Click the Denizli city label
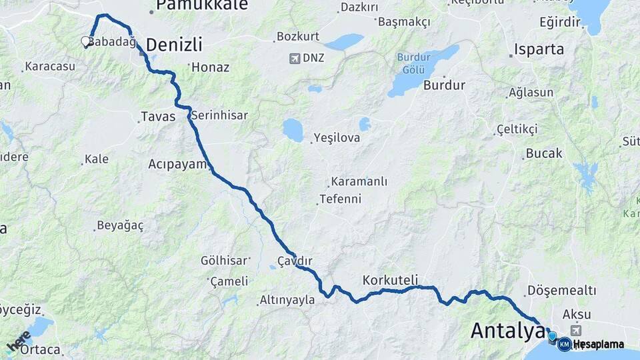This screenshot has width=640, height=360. coord(173,45)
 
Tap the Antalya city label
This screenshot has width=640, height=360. coord(508,330)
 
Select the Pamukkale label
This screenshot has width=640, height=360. coord(193,6)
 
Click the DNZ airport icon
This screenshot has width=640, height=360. coord(295,59)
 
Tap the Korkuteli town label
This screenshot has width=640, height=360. coord(390,279)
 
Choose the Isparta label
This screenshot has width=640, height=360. coord(539,49)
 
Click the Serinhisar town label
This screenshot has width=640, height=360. coord(219,115)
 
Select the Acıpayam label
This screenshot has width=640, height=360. coord(178,163)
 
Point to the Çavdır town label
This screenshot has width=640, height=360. coord(295,260)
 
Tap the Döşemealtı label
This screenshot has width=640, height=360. coord(561,291)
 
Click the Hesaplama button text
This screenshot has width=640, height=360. coord(599,344)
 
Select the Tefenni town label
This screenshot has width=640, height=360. coord(340,199)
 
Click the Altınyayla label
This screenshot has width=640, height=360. coord(288,300)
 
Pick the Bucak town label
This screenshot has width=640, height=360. coord(544,153)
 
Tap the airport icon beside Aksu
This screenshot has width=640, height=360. coord(576,330)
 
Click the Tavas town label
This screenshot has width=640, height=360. coord(158,117)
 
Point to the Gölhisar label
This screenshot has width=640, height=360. coord(225,260)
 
